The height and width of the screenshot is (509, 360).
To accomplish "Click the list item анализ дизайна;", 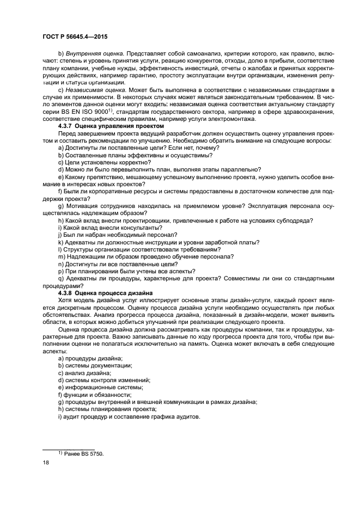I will coord(87,372).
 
